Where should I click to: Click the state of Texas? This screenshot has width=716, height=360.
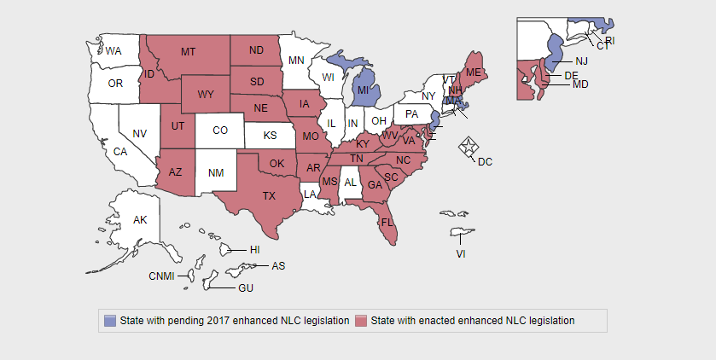[x=269, y=195]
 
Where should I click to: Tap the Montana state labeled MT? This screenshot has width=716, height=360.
[x=188, y=52]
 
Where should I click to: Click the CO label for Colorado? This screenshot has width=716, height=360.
[x=220, y=131]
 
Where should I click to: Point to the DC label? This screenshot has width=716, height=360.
[x=485, y=161]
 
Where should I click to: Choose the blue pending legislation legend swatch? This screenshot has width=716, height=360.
[x=110, y=321]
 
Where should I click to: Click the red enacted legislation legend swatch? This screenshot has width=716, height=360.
[x=362, y=321]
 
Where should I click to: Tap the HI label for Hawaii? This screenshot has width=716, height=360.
[x=254, y=250]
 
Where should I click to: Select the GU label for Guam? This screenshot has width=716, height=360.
[x=246, y=288]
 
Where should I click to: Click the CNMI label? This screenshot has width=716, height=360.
[x=161, y=276]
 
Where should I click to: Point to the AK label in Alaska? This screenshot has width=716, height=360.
[x=140, y=220]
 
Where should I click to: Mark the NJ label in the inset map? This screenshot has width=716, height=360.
[x=581, y=61]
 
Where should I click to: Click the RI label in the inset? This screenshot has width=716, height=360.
[x=610, y=40]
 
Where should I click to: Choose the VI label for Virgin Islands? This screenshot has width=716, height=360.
[x=461, y=253]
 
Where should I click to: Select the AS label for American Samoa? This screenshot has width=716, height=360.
[x=278, y=266]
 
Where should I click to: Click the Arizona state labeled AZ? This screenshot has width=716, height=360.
[x=175, y=171]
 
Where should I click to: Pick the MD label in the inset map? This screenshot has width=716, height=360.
[x=580, y=84]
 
